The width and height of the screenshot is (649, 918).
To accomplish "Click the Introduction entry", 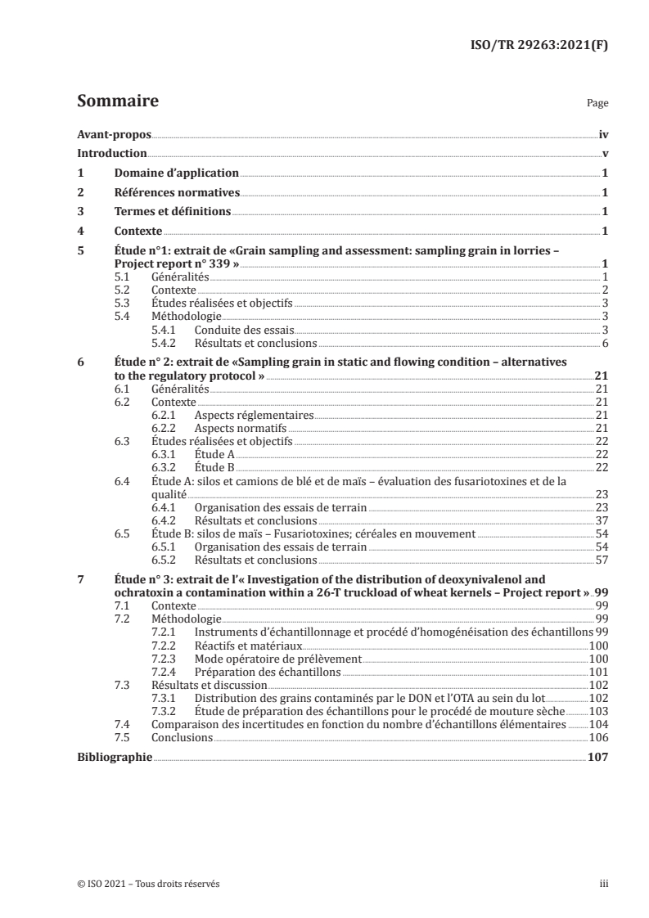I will tap(112, 154).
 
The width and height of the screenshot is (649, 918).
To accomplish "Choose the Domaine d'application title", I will tap(176, 173).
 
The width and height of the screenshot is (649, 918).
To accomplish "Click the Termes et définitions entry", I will tap(172, 212).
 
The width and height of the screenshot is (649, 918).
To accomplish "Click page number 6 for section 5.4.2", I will tap(605, 343).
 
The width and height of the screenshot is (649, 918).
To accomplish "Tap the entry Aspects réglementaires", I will tap(254, 416).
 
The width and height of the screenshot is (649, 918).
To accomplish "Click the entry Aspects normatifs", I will tap(241, 429).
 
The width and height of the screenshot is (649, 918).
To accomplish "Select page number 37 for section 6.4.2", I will tap(602, 520).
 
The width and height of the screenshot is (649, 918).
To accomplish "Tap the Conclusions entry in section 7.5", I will tap(182, 737).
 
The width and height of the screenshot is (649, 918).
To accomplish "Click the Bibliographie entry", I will tap(115, 758).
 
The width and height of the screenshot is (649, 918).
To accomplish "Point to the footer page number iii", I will tap(603, 884).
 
